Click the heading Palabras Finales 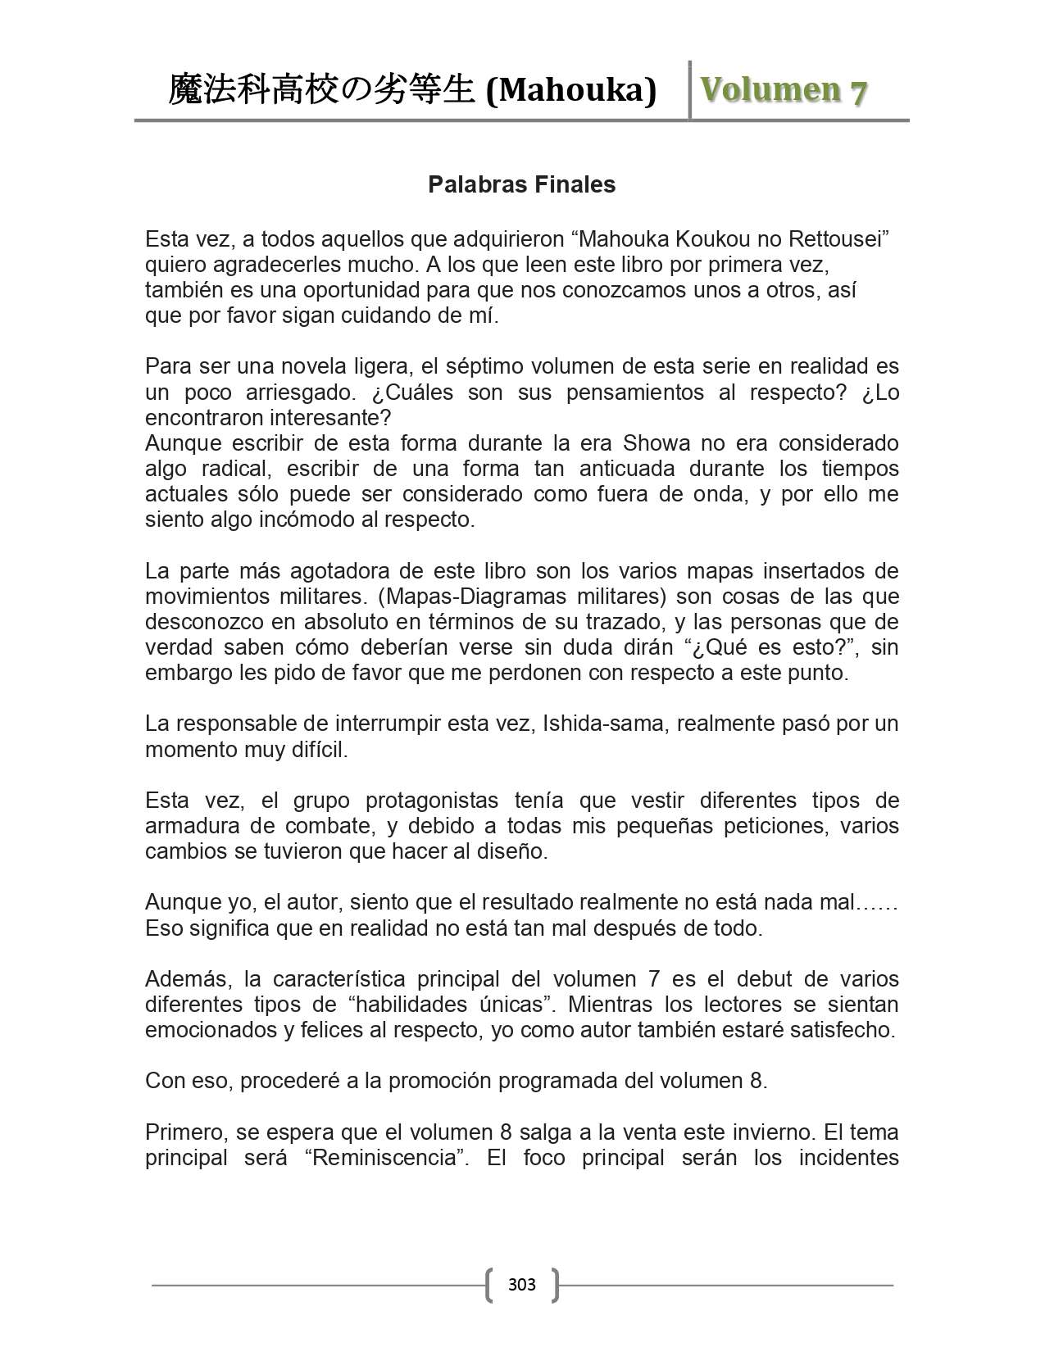point(521,185)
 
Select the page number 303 point(521,1284)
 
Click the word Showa point(657,443)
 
